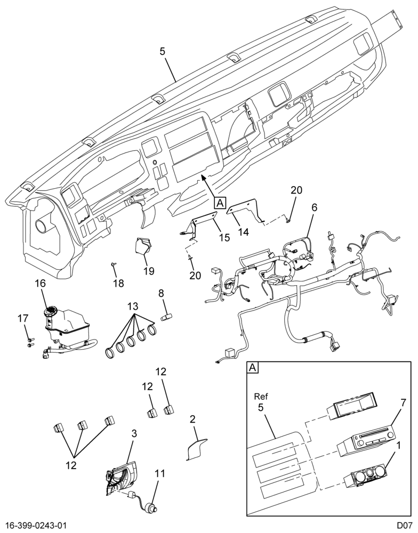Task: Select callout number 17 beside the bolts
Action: tap(23, 319)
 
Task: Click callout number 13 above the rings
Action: tap(133, 306)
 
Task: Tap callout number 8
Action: tap(161, 293)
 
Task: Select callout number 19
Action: tap(148, 271)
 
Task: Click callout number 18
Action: tap(118, 283)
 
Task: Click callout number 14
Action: tap(244, 232)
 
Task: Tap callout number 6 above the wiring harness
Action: tap(314, 207)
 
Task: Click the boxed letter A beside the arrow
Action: tap(220, 203)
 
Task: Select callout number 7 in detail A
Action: tap(403, 403)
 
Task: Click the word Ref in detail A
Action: tap(261, 396)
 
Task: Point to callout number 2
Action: tap(192, 419)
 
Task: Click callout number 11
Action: tap(160, 473)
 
